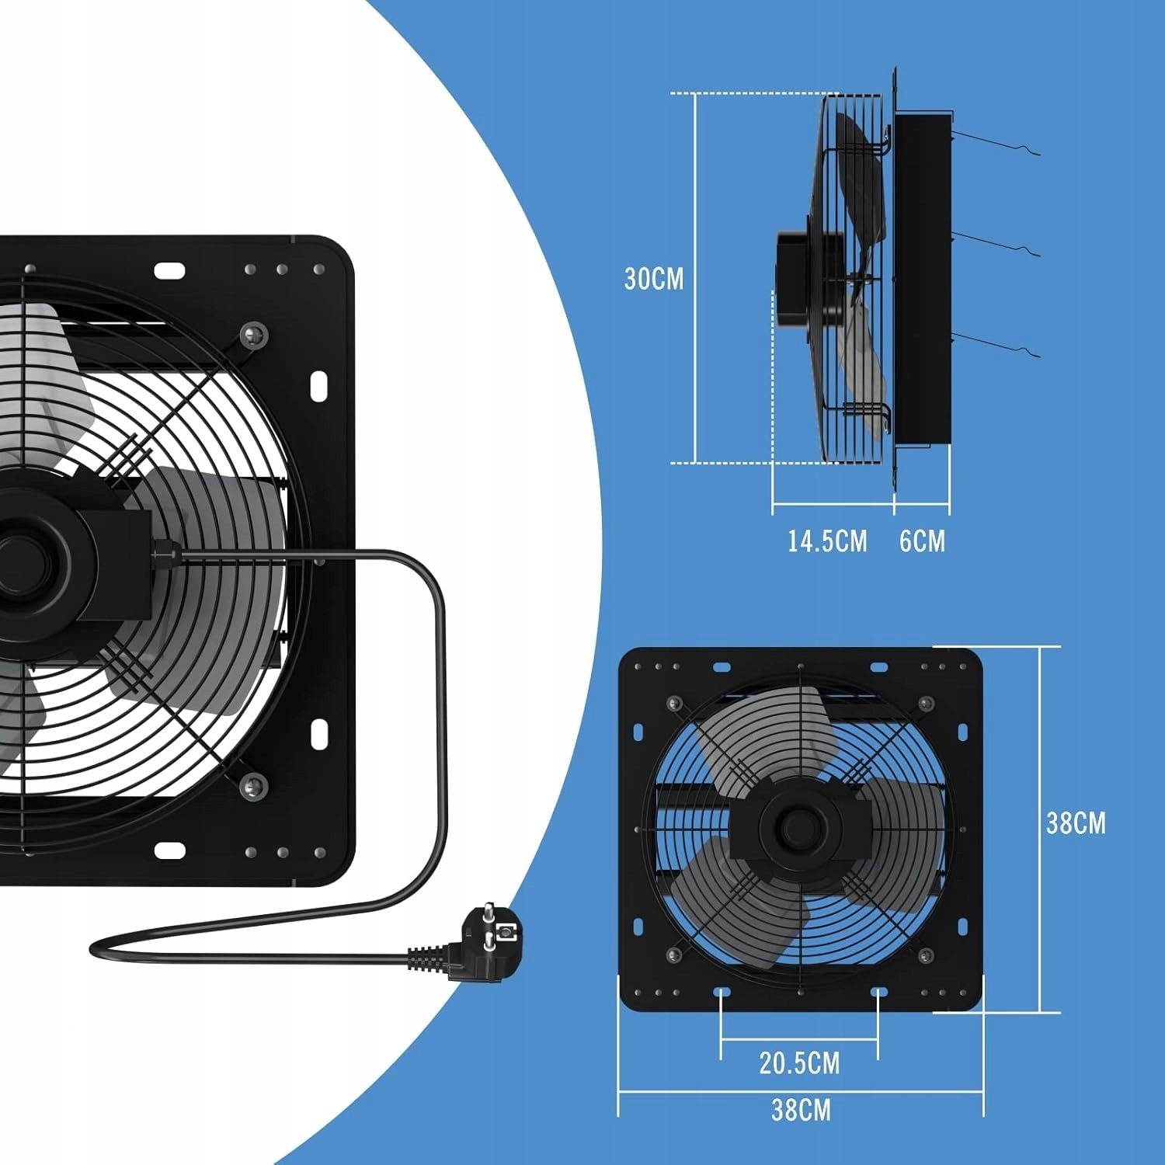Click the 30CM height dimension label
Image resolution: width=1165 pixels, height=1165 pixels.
(x=654, y=279)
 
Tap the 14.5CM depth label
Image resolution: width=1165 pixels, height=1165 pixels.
(x=827, y=541)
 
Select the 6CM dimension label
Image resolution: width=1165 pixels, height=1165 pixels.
(x=923, y=541)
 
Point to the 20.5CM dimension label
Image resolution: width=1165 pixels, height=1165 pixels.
(x=799, y=1063)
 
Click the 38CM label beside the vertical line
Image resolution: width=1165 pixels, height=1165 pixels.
(x=1076, y=822)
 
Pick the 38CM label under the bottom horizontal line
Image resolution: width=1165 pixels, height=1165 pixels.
(x=801, y=1110)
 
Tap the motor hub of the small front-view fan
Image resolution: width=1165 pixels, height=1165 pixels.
(x=796, y=825)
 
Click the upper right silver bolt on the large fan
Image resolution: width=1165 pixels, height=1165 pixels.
(x=254, y=335)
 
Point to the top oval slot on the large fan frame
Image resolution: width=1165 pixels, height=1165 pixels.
(x=169, y=270)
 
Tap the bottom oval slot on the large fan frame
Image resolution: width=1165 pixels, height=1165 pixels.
(x=169, y=850)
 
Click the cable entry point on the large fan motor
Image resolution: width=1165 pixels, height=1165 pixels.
(x=161, y=551)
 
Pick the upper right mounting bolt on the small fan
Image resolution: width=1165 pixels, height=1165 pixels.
(x=925, y=704)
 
